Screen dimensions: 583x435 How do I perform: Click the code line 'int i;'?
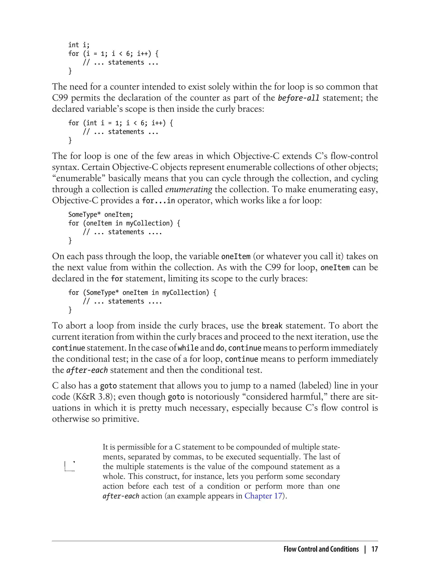click(x=79, y=45)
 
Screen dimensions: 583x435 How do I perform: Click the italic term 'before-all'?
click(x=299, y=98)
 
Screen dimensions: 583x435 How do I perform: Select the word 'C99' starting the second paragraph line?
click(x=60, y=98)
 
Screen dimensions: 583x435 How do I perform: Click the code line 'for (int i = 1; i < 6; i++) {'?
click(x=120, y=123)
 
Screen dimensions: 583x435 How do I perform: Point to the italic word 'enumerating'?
click(x=189, y=189)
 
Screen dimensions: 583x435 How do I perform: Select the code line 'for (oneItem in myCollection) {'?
click(x=124, y=223)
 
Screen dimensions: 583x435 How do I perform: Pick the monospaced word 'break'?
click(x=272, y=326)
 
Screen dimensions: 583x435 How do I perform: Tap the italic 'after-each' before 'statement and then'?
click(x=87, y=370)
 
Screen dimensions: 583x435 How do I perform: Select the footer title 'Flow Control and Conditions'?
click(x=321, y=549)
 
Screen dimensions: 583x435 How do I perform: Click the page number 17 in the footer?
click(x=374, y=549)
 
